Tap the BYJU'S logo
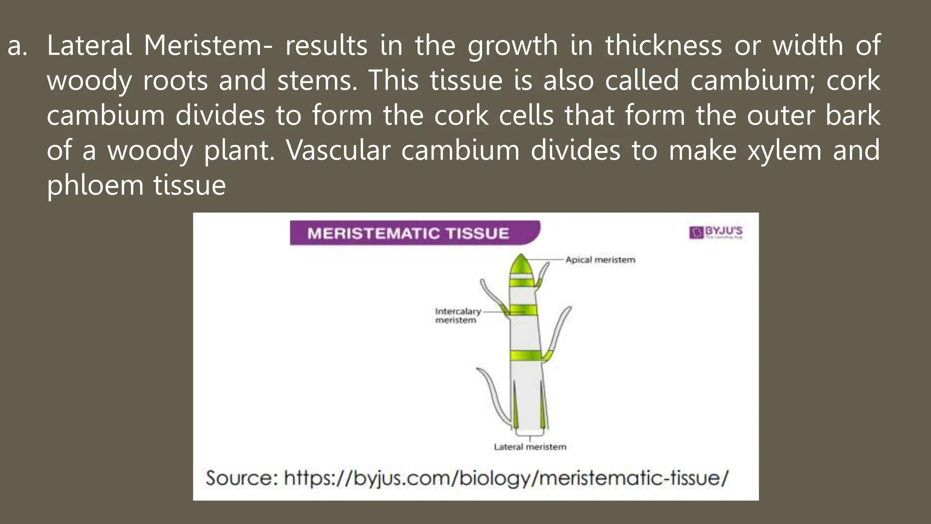point(716,232)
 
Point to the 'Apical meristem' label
point(600,260)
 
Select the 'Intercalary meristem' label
point(457,316)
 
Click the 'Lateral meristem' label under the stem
point(530,447)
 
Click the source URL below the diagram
point(506,478)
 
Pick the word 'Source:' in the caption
point(241,478)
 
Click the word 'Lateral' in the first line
point(89,45)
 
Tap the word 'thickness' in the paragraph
point(663,45)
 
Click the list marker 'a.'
point(17,46)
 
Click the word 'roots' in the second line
point(175,81)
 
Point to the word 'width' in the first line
point(808,45)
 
